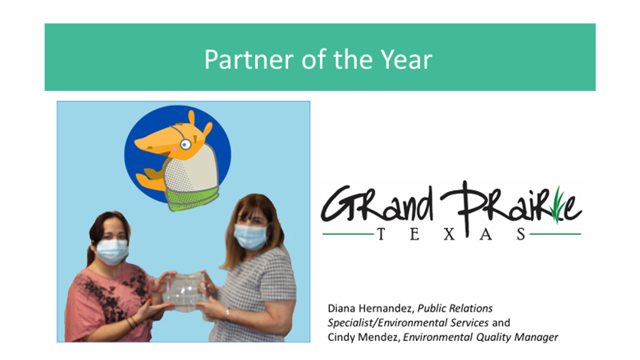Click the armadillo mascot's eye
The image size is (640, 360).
185,145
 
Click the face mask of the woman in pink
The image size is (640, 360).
112,252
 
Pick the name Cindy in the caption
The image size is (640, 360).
341,336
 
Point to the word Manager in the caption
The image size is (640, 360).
535,336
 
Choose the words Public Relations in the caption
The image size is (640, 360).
455,308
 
